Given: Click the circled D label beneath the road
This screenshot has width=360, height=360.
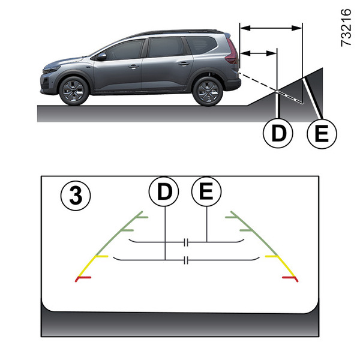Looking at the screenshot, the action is click(278, 133).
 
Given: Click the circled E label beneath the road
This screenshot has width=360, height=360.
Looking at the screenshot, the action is click(322, 133).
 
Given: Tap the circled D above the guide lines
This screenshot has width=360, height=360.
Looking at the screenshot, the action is click(164, 191).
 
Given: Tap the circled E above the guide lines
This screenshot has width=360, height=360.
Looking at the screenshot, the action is click(206, 191).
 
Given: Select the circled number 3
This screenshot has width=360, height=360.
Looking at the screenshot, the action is click(76, 196).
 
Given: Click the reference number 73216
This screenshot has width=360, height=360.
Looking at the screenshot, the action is click(346, 28).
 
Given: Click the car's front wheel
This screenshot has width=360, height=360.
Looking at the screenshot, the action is click(74, 91).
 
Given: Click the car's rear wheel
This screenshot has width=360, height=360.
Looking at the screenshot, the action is click(208, 91).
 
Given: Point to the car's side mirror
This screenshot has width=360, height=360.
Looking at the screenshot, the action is click(101, 56).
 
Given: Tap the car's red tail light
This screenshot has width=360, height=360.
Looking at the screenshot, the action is click(232, 52).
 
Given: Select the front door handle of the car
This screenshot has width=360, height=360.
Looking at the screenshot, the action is click(133, 67).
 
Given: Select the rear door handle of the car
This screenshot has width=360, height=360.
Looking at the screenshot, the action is click(184, 64).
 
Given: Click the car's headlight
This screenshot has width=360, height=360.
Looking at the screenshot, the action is click(52, 70).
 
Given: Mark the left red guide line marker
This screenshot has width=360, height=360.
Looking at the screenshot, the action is click(83, 278).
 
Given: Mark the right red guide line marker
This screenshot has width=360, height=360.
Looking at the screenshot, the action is click(290, 278).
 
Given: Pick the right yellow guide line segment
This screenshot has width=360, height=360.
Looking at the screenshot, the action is click(281, 266).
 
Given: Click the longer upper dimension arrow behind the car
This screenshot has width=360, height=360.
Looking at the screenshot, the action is click(271, 28).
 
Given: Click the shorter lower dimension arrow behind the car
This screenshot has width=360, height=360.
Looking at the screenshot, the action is click(258, 53).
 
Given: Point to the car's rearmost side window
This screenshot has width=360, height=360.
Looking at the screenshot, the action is click(202, 45).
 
